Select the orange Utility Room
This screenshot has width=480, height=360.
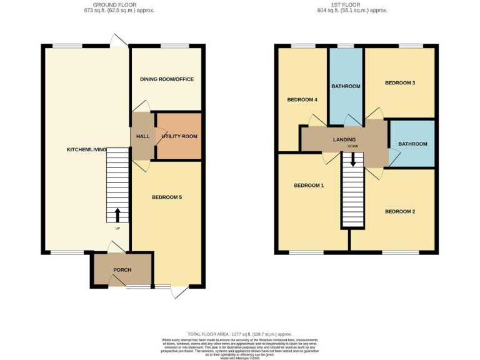tap(179, 136)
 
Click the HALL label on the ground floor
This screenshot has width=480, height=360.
tap(142, 136)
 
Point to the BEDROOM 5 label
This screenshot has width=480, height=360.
tap(167, 197)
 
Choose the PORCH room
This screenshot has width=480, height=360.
tap(122, 269)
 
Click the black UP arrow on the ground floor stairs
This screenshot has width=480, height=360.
tap(117, 214)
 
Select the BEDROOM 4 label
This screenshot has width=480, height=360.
tap(302, 100)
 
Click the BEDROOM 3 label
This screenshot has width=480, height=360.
tap(400, 82)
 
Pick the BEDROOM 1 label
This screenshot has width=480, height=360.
tap(309, 186)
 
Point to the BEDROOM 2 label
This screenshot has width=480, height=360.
tap(400, 211)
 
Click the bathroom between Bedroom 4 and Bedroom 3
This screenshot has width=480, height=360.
tap(346, 86)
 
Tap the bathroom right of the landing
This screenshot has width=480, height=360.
tap(412, 144)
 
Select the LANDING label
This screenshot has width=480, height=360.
tap(344, 139)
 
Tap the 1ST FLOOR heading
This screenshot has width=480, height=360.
tap(352, 4)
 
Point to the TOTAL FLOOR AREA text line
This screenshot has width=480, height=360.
tap(240, 334)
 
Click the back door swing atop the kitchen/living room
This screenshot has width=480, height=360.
tap(117, 40)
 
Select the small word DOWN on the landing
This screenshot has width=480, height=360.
tap(353, 146)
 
